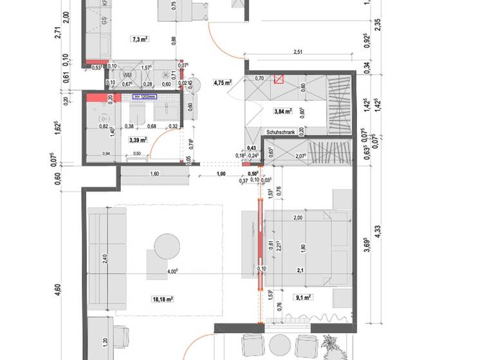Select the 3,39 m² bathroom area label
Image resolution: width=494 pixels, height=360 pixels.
137,139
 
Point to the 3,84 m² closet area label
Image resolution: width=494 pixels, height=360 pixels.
283,111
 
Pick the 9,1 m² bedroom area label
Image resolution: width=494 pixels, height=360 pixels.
303,297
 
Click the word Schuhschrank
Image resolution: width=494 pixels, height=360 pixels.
280,132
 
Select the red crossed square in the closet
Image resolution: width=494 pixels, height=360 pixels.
279,80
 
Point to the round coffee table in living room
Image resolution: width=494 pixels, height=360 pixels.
167,246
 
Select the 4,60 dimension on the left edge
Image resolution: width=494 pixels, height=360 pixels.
59,289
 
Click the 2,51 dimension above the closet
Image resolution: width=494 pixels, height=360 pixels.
298,53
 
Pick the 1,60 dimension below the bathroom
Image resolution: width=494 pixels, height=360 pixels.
154,174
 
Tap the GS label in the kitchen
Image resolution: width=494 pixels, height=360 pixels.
103,20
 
